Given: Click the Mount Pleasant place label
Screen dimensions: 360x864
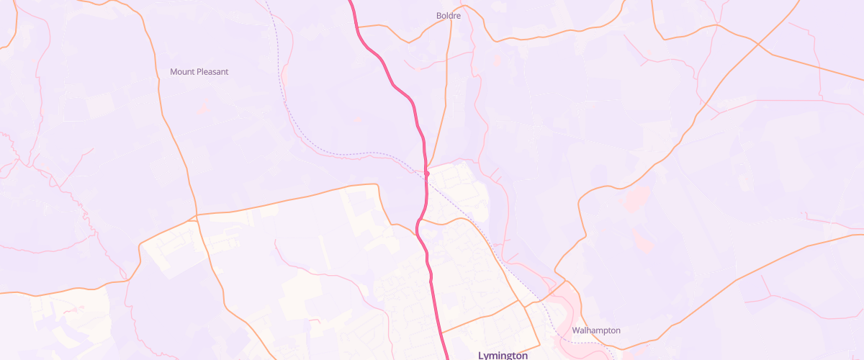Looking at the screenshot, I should click(x=199, y=72).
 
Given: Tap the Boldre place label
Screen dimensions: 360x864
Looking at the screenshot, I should click(x=449, y=15).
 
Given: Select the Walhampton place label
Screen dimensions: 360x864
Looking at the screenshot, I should click(x=596, y=330).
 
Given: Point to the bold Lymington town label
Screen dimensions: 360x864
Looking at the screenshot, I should click(x=503, y=356).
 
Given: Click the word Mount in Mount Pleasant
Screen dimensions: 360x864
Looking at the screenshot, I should click(x=183, y=72).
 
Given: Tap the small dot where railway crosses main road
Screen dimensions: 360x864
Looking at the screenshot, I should click(x=427, y=174).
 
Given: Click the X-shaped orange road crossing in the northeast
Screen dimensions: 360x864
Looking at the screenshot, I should click(x=757, y=45).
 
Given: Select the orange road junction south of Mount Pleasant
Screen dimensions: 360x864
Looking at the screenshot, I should click(x=196, y=215).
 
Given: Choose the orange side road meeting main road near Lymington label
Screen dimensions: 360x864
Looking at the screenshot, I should click(x=441, y=333).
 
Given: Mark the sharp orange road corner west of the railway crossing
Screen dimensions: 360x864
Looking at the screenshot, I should click(x=377, y=186).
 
